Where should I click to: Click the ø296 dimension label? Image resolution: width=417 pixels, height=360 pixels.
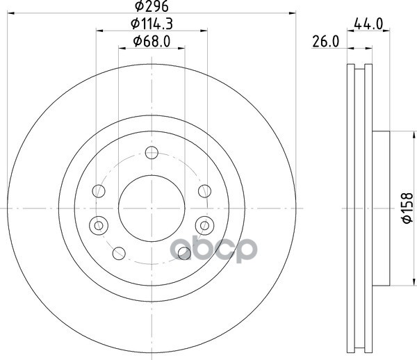coord(152,6)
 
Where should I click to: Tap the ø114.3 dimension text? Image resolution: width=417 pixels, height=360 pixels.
coord(152,24)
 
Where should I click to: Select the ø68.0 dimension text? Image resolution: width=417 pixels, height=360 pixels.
coord(152,42)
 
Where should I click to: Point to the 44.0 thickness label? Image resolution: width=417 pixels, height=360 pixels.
coord(368,24)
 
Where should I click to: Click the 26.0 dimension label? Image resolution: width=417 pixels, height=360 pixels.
coord(326,42)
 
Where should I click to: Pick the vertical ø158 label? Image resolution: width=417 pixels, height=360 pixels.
coord(407,208)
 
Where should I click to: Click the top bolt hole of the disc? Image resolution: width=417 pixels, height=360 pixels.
coord(152,153)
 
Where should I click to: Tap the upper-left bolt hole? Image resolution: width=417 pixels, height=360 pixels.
coord(99,191)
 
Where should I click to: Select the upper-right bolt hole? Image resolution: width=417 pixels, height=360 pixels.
coord(205,191)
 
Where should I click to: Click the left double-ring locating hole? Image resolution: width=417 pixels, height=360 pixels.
coord(99,225)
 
